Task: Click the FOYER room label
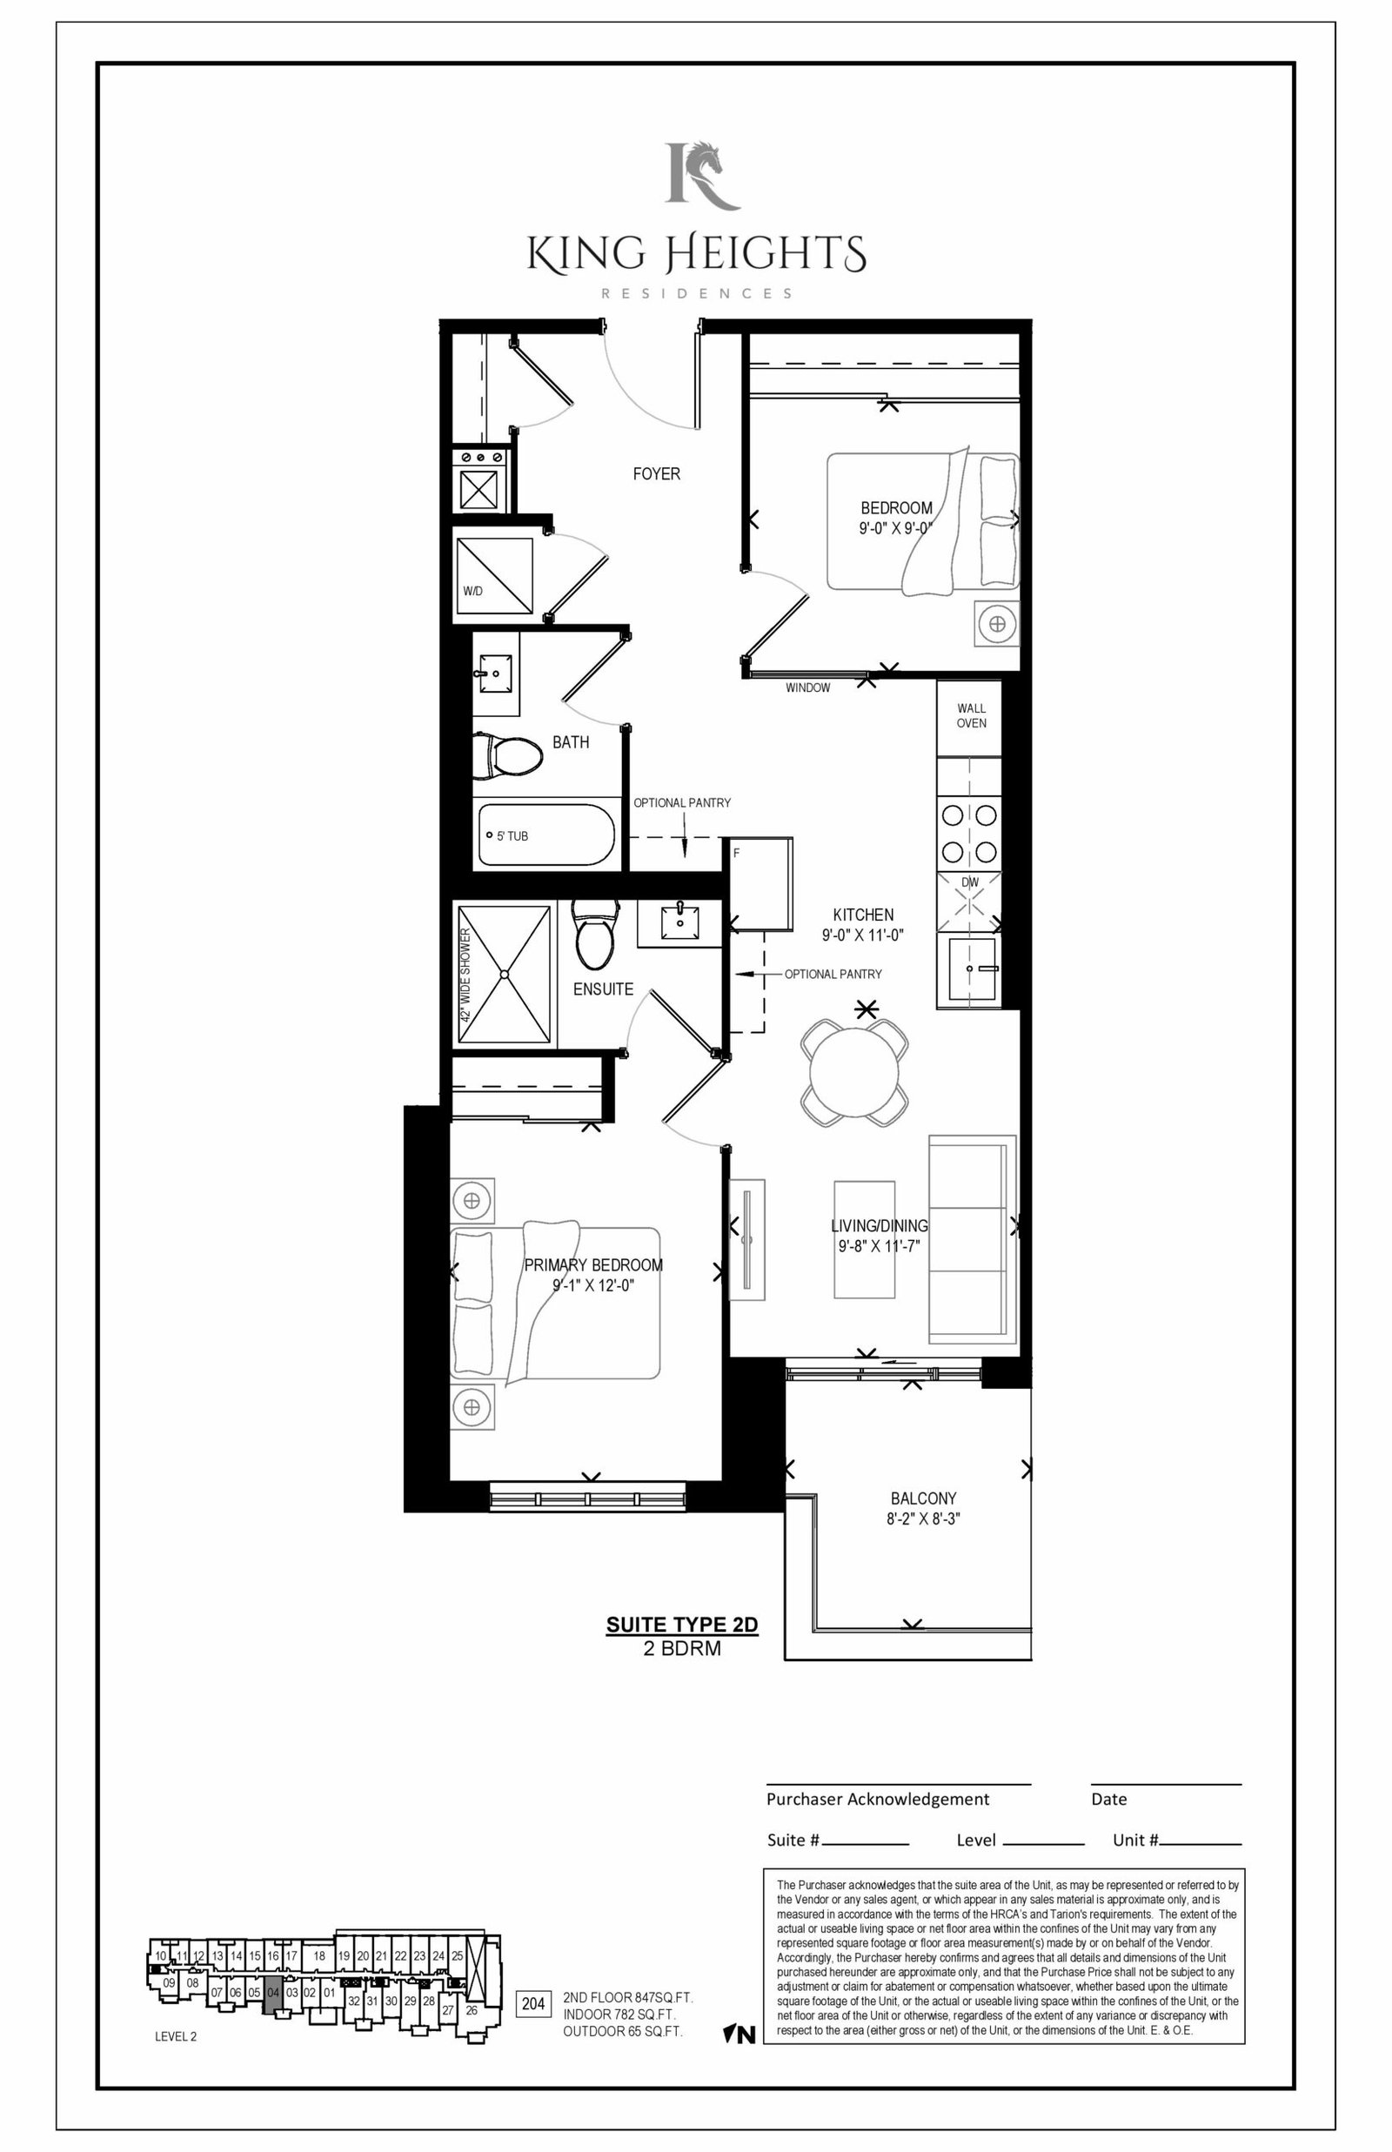coord(656,473)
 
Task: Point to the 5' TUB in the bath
coord(546,835)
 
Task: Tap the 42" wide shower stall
coord(504,975)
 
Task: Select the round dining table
coord(854,1073)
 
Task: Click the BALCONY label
coord(923,1498)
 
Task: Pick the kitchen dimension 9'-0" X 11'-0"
coord(862,935)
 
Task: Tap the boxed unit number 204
coord(533,2004)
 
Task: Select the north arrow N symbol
coord(739,2035)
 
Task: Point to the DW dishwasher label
coord(970,882)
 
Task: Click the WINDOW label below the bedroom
coord(807,687)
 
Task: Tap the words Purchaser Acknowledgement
coord(878,1799)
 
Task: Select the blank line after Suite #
coord(866,1844)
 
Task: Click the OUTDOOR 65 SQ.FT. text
coord(623,2031)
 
